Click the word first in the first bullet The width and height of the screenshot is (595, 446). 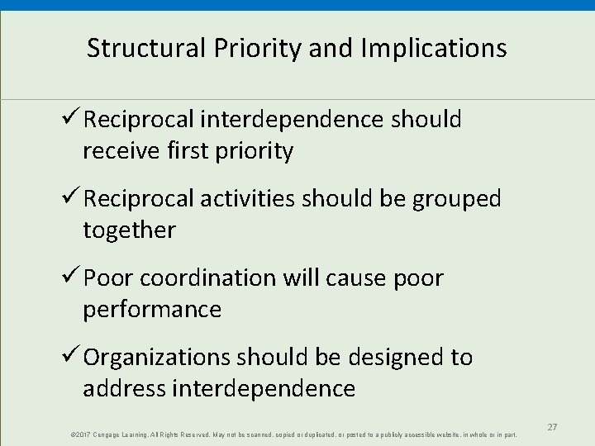(x=203, y=152)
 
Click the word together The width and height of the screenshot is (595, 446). (x=129, y=230)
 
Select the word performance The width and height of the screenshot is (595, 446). (x=151, y=310)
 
